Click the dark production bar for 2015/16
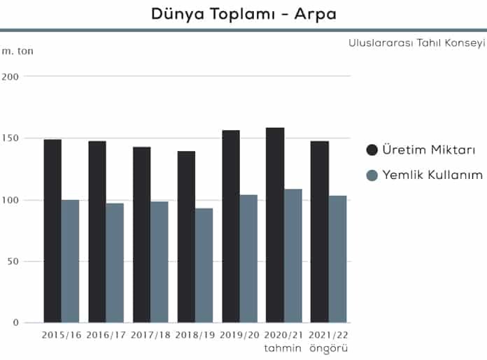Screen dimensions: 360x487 point(52,231)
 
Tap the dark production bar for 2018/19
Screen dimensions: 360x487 point(186,237)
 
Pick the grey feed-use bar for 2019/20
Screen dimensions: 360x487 point(248,259)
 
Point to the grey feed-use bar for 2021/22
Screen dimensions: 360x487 point(338,259)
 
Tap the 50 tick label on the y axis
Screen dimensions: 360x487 point(12,261)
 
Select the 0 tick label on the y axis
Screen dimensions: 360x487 point(15,323)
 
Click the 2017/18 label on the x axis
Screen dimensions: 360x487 point(150,336)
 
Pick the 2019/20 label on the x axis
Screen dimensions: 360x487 point(239,336)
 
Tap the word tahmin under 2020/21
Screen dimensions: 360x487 point(283,347)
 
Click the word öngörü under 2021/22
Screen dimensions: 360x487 point(329,348)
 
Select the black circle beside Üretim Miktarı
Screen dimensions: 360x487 point(372,150)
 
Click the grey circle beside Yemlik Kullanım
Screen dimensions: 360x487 point(372,175)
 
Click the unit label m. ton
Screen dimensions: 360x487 point(17,51)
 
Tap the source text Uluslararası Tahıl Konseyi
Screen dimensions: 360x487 point(416,43)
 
